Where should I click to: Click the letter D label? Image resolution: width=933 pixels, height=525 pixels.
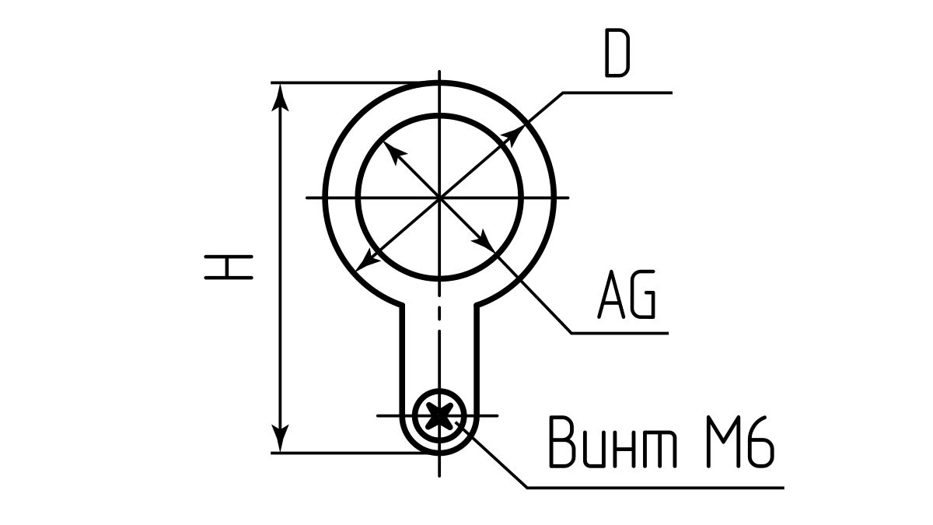[x=617, y=55]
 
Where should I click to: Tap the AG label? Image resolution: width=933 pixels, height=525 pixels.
[x=627, y=296]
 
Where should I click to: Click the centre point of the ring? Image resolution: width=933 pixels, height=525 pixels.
[x=440, y=198]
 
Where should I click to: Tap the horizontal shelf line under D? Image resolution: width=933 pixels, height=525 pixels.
[x=614, y=93]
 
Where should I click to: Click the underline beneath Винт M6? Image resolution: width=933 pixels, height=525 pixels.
[x=653, y=488]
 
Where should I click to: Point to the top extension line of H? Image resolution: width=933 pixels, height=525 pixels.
[x=350, y=82]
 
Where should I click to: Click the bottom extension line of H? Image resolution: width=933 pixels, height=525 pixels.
[x=350, y=453]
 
